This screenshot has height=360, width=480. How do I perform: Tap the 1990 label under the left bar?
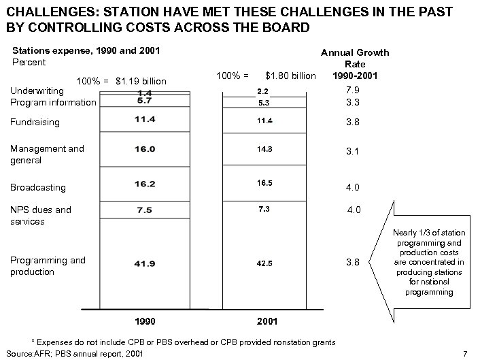point(145,319)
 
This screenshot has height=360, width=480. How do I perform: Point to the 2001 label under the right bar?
point(266,319)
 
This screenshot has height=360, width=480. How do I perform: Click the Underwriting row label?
point(37,91)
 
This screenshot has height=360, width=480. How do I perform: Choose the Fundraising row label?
point(35,122)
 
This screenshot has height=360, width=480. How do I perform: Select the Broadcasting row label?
point(38,187)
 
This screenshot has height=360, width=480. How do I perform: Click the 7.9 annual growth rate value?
point(352,90)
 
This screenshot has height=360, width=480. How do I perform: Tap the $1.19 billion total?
point(141,82)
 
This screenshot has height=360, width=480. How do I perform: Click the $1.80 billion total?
point(290,75)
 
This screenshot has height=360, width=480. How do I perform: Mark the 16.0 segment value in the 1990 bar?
point(144,149)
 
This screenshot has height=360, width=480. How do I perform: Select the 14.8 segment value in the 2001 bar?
point(265,149)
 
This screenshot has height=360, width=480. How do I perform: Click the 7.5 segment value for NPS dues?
point(144,210)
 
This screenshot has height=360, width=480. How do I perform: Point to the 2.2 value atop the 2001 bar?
point(263,91)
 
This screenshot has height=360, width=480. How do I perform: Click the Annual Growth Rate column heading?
point(355,64)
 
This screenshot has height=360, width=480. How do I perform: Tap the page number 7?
point(464,353)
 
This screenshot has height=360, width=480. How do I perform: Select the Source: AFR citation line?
point(73,353)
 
